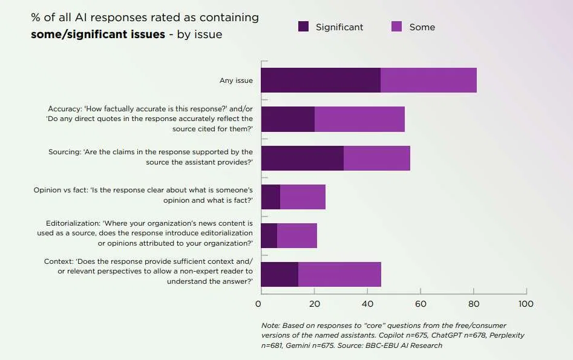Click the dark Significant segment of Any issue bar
(321, 80)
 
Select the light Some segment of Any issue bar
(428, 80)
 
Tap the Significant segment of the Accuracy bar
(287, 119)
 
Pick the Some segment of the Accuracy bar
(359, 119)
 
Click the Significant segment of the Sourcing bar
(302, 158)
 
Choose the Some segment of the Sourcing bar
(376, 158)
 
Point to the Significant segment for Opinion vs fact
(270, 197)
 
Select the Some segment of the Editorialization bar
(296, 235)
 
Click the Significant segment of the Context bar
(280, 274)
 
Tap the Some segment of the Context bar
(339, 274)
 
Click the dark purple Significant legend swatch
(304, 27)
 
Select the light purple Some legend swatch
(397, 27)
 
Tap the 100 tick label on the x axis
(526, 304)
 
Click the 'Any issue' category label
(236, 80)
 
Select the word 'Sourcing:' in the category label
(64, 152)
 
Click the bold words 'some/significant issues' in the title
(98, 34)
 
